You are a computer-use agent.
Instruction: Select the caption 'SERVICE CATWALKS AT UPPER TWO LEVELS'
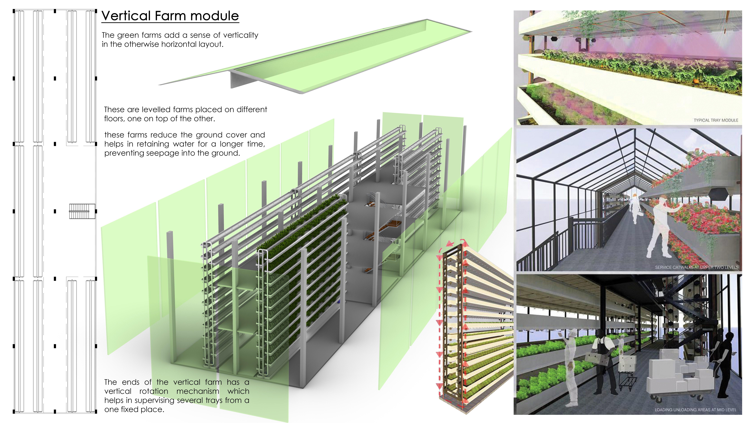[696, 267]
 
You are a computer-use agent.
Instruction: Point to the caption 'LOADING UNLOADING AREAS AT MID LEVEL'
[695, 410]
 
